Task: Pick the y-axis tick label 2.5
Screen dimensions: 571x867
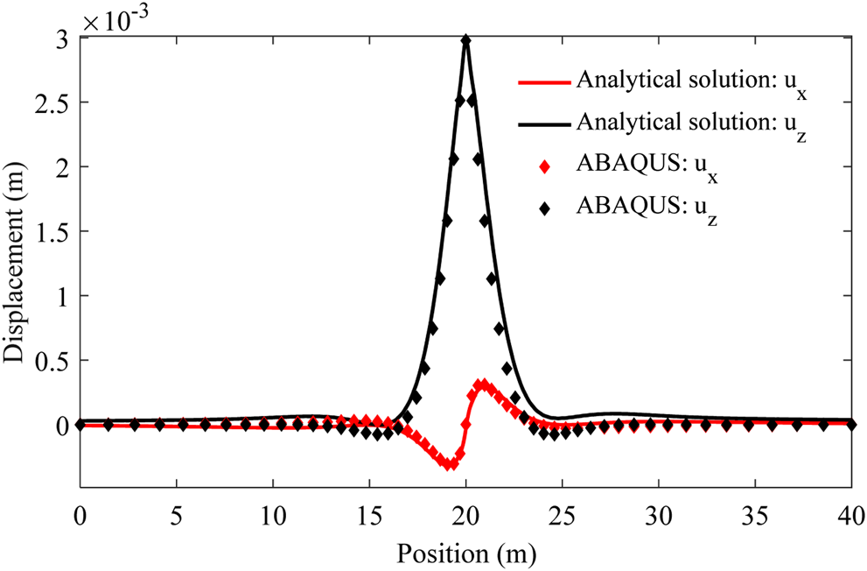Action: point(52,102)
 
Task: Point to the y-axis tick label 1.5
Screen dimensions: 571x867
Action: point(52,231)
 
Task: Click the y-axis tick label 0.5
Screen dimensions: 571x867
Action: point(52,360)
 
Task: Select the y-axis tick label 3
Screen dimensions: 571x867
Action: point(61,39)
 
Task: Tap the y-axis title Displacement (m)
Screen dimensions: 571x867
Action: point(17,263)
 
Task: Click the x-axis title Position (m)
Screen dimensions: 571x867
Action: point(466,553)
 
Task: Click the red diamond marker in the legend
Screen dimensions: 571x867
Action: point(545,166)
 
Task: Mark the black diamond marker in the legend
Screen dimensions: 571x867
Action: point(545,208)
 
